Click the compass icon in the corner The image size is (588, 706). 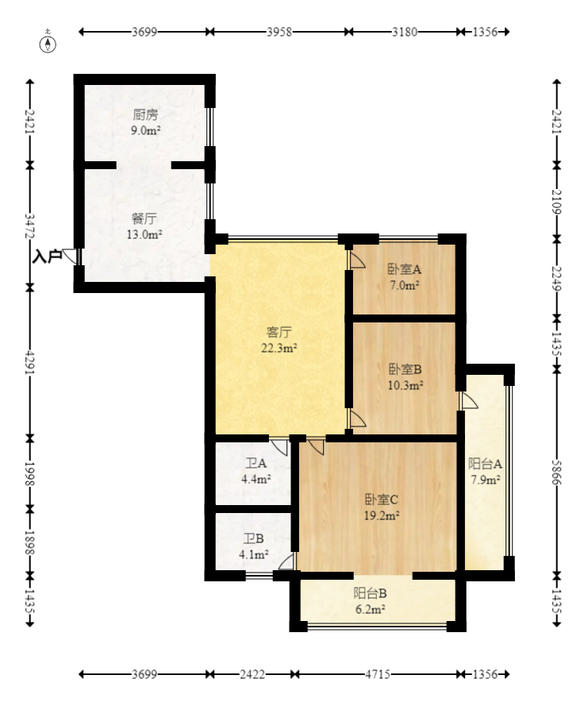click(x=48, y=44)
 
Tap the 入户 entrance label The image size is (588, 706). click(x=48, y=257)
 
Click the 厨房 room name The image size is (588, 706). click(x=145, y=115)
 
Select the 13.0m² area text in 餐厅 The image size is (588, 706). click(x=144, y=234)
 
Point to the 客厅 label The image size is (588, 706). click(x=279, y=332)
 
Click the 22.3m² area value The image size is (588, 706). click(x=279, y=348)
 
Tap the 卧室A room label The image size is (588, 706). click(x=405, y=269)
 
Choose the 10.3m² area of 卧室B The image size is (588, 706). click(x=405, y=385)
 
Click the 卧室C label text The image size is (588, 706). click(x=382, y=500)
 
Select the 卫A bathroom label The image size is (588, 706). click(x=256, y=463)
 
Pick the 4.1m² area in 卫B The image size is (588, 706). click(x=254, y=554)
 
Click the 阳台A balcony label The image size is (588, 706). click(x=485, y=464)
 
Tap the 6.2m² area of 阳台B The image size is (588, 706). click(x=371, y=610)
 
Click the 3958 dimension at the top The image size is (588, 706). click(x=279, y=32)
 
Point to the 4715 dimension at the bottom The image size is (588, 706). click(x=377, y=674)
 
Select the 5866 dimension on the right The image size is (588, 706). click(x=557, y=473)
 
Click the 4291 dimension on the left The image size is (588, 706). click(x=29, y=362)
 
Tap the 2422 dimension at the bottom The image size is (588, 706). click(x=252, y=674)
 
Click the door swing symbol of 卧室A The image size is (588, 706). click(x=357, y=260)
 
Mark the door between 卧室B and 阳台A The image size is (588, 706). click(x=468, y=401)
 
